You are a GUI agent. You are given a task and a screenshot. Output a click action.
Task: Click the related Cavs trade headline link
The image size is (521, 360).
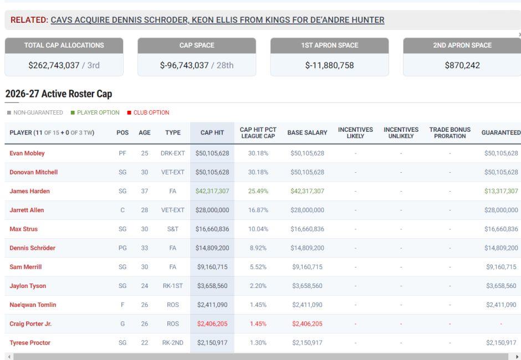click(217, 20)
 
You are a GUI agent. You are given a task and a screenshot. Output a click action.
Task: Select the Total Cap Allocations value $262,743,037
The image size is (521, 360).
click(54, 65)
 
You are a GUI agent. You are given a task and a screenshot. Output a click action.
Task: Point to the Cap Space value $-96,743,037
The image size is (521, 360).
click(184, 65)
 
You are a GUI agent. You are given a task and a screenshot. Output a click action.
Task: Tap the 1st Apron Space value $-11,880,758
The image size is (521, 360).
click(329, 65)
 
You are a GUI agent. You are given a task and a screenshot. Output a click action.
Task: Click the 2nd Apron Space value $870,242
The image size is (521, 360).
click(462, 65)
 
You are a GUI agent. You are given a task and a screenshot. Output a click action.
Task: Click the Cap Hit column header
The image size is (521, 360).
click(212, 132)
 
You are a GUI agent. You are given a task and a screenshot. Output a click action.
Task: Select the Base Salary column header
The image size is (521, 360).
click(308, 132)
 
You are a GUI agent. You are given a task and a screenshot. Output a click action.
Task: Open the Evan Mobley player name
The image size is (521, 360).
click(27, 153)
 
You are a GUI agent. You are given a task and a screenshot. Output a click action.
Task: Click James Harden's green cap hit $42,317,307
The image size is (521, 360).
click(212, 191)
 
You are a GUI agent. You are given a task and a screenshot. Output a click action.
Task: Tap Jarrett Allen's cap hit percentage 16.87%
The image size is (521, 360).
click(258, 210)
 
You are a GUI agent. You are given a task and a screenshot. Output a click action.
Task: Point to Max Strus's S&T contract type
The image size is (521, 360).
click(173, 229)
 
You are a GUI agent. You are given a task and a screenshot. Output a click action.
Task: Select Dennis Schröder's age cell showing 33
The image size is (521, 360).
click(145, 248)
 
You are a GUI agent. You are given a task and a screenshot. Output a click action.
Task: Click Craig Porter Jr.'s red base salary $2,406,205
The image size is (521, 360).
click(308, 323)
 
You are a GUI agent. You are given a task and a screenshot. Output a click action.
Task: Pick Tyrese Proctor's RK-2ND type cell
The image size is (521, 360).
click(173, 342)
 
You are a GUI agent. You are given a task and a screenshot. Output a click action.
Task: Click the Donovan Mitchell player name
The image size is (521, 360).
click(34, 172)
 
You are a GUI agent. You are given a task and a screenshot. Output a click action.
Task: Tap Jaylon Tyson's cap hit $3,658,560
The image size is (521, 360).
click(212, 286)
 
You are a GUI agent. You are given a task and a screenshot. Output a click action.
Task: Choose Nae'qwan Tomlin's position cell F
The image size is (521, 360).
click(122, 305)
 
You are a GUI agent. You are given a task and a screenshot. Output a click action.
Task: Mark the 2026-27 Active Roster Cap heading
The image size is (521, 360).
click(59, 94)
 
